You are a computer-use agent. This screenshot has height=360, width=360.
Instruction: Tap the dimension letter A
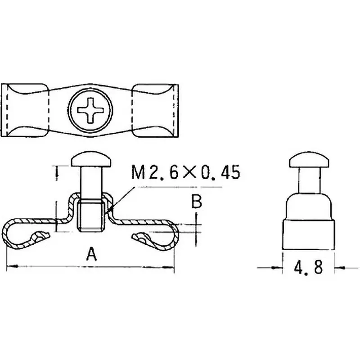click(91, 255)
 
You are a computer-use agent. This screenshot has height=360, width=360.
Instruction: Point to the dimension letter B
click(196, 201)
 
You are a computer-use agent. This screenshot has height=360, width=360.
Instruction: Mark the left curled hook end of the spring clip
click(38, 236)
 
